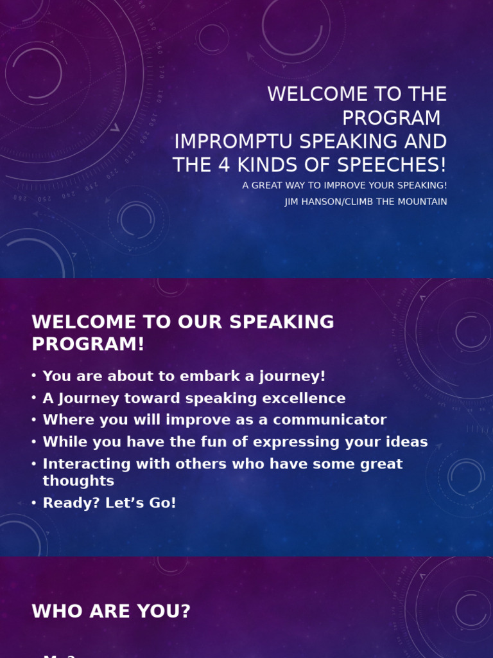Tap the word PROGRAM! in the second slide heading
pos(88,344)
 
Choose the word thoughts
pos(78,481)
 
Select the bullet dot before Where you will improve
pos(34,420)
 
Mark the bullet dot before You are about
pos(34,377)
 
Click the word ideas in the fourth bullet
pos(405,442)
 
